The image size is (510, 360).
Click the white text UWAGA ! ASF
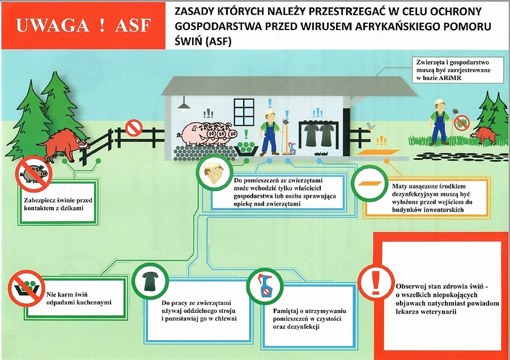point(84,26)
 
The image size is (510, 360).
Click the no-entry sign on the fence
point(134,128)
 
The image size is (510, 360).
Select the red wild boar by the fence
point(63,145)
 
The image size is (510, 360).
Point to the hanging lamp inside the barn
point(184,104)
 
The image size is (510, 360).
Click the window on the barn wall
point(244,112)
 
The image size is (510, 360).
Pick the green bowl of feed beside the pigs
point(246,149)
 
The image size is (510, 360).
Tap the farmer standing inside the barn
point(270,133)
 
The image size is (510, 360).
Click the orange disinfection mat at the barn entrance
point(379,152)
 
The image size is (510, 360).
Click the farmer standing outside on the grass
point(439,122)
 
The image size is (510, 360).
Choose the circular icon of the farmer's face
point(214,172)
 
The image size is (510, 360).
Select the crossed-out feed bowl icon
point(26,288)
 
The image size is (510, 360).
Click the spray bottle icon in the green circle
point(265,286)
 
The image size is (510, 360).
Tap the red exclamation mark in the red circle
point(376,282)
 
